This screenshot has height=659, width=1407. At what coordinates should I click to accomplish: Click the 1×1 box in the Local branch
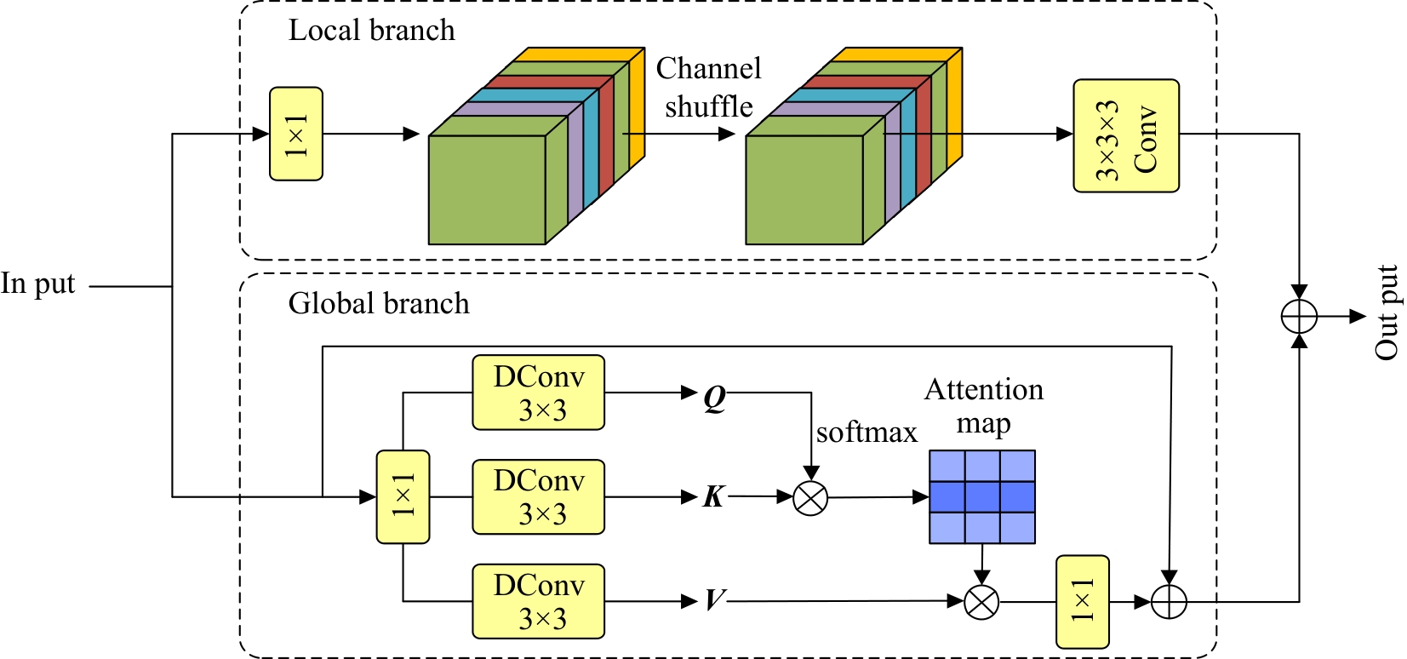pos(295,134)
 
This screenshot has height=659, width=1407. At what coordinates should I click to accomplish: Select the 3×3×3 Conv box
pos(1125,136)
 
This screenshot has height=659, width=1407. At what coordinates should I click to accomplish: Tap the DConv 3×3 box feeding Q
pos(538,393)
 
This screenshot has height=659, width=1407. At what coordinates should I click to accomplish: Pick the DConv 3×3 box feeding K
pos(538,497)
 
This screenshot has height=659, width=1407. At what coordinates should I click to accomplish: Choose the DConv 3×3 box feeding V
pos(538,601)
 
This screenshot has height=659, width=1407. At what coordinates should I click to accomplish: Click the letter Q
pos(715,396)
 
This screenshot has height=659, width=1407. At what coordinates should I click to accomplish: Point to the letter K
pos(714,496)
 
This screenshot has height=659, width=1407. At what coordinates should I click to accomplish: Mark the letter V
pos(715,600)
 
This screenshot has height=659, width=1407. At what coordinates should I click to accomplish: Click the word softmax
pos(867,433)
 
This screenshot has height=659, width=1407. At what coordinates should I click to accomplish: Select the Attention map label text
pos(983,405)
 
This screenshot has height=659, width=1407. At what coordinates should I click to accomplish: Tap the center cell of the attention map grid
pos(982,496)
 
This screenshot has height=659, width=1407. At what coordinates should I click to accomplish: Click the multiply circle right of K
pos(810,498)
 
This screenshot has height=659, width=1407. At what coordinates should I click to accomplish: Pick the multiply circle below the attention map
pos(981,602)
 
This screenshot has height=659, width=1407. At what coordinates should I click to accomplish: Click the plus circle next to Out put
pos(1299,317)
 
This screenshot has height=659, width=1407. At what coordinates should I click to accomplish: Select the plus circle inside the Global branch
pos(1169,602)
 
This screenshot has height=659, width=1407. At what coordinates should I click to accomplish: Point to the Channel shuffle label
pos(708,87)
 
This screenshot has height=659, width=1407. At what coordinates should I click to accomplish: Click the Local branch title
pos(371,31)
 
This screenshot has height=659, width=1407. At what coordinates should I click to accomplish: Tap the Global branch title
pos(378,304)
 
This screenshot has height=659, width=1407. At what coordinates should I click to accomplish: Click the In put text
pos(38,284)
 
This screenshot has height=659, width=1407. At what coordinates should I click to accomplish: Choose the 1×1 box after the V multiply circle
pos(1082,602)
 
